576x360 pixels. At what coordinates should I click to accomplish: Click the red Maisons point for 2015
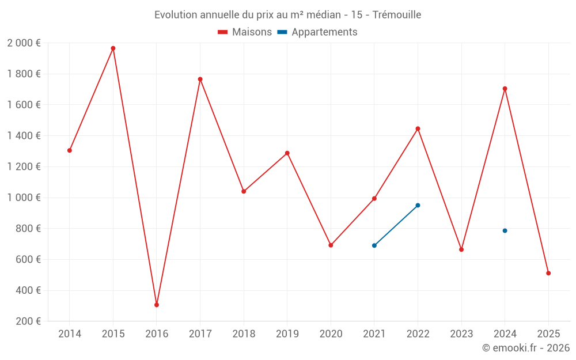pyautogui.click(x=113, y=48)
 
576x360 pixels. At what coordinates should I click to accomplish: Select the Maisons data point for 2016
pyautogui.click(x=157, y=305)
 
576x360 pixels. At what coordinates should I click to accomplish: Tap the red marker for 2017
pyautogui.click(x=200, y=79)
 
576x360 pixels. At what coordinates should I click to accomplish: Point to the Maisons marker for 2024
pyautogui.click(x=505, y=89)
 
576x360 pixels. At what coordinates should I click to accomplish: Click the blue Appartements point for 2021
pyautogui.click(x=374, y=245)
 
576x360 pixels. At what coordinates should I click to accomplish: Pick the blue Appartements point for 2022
pyautogui.click(x=418, y=205)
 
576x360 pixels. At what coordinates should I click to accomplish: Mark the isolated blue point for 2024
pyautogui.click(x=505, y=230)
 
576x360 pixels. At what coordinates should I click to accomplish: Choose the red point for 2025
pyautogui.click(x=548, y=273)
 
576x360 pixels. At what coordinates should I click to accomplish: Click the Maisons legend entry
pyautogui.click(x=245, y=32)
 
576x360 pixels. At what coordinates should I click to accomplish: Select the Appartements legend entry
pyautogui.click(x=317, y=32)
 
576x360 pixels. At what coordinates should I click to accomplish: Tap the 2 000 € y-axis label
pyautogui.click(x=24, y=43)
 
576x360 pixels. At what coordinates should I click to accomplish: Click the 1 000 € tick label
pyautogui.click(x=24, y=198)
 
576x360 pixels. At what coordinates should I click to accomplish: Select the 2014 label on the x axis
pyautogui.click(x=70, y=334)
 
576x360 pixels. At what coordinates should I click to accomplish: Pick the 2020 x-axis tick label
pyautogui.click(x=331, y=334)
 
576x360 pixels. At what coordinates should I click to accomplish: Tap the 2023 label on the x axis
pyautogui.click(x=461, y=334)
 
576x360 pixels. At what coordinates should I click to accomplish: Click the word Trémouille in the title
pyautogui.click(x=397, y=14)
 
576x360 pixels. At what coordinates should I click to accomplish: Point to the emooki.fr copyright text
pyautogui.click(x=525, y=348)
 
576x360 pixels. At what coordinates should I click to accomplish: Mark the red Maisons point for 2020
pyautogui.click(x=331, y=245)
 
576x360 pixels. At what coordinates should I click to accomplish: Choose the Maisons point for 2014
pyautogui.click(x=70, y=150)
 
